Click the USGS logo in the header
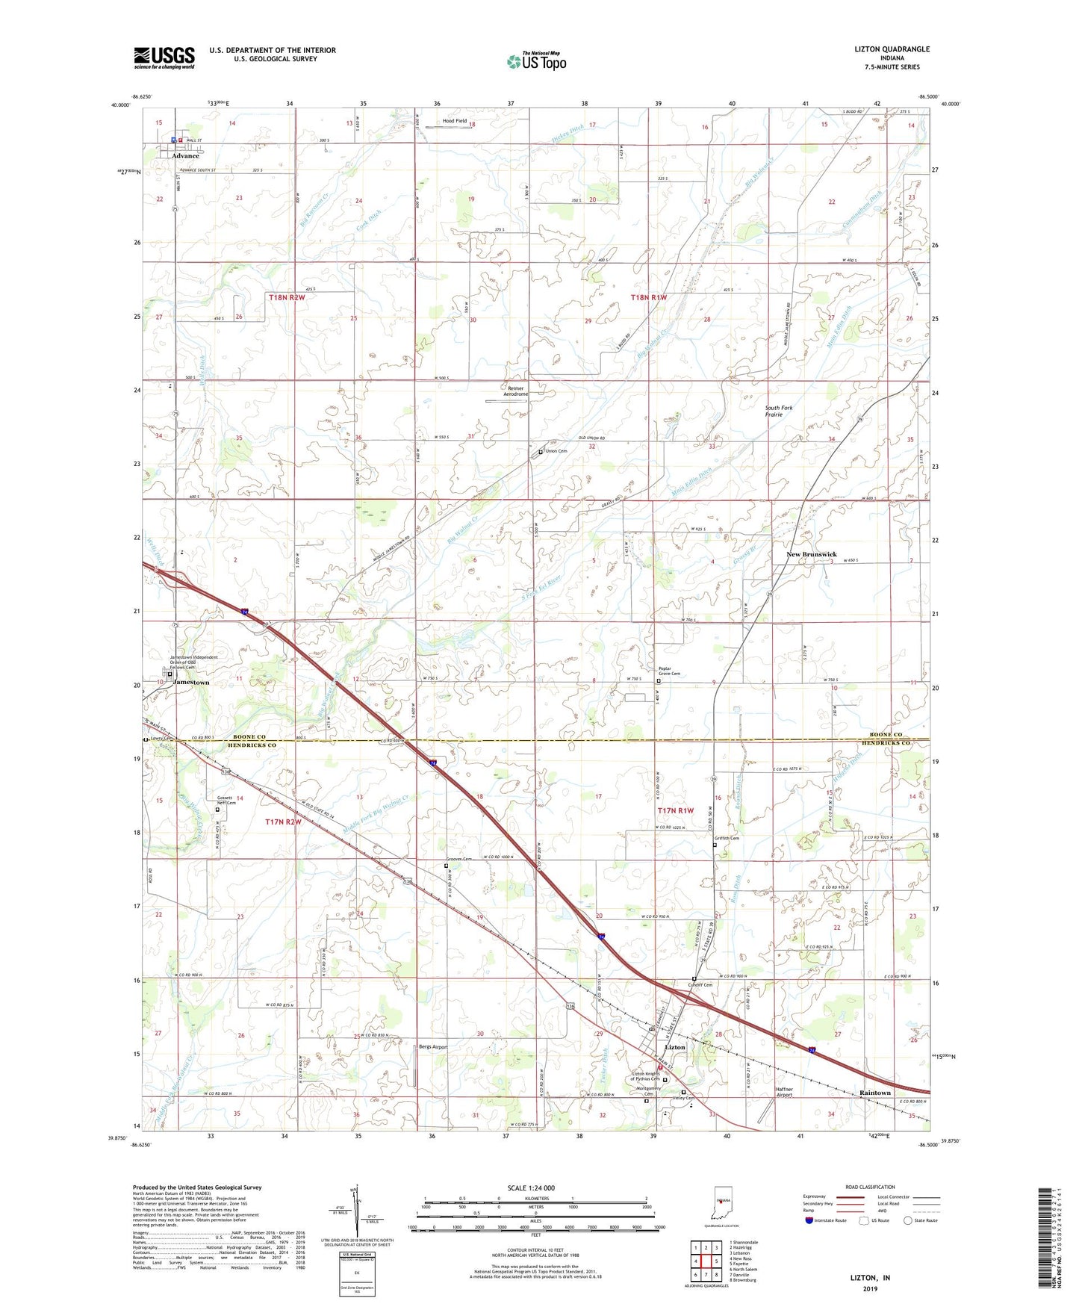164,57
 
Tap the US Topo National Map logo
536,60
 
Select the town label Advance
185,156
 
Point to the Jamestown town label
191,683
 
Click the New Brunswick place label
811,555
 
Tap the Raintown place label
874,1093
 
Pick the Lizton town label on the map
674,1048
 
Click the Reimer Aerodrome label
514,391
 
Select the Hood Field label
454,121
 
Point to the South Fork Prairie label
778,411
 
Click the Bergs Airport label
433,1047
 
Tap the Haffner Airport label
784,1092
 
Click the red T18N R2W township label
287,297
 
